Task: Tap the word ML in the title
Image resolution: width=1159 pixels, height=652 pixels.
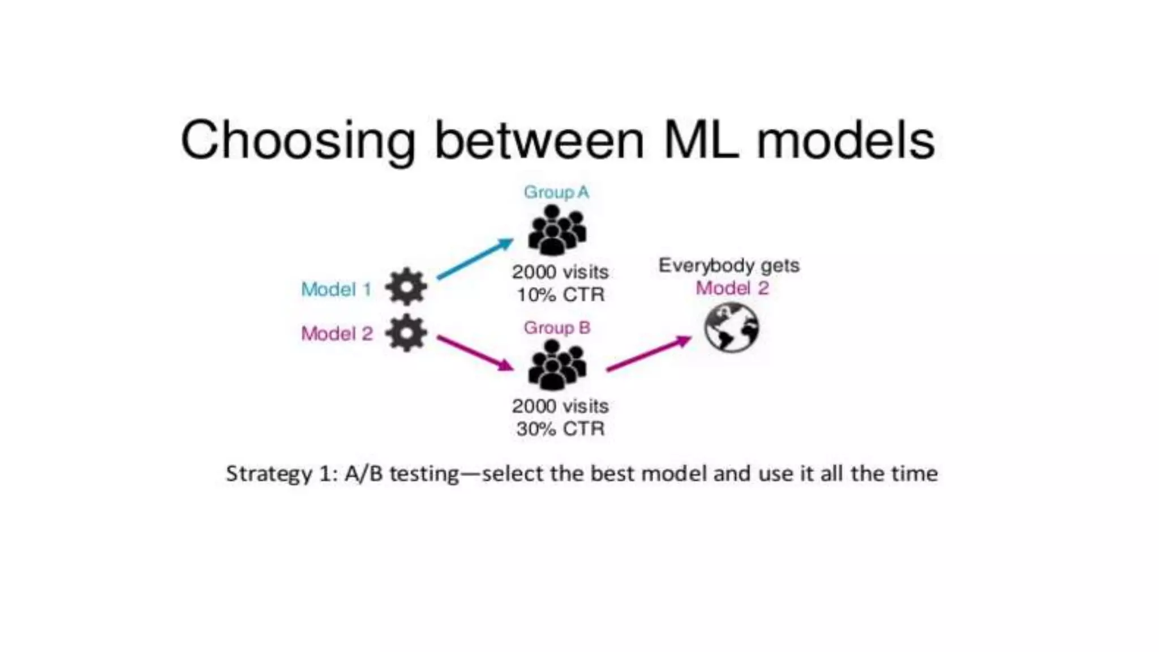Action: point(701,140)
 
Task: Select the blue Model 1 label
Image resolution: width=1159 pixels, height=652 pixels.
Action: point(336,290)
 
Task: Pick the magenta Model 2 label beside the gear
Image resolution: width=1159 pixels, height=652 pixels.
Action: point(337,334)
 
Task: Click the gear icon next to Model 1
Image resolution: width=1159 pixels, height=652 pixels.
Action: point(406,287)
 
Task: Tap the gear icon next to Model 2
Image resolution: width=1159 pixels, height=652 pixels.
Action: point(406,333)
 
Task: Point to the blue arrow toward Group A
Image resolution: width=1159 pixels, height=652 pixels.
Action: point(475,259)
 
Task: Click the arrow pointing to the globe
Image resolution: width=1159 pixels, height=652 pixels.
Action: point(649,354)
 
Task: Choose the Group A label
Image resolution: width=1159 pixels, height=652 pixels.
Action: point(556,192)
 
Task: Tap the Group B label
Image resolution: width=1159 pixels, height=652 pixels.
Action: point(557,328)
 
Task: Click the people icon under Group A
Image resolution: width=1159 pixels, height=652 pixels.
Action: point(557,230)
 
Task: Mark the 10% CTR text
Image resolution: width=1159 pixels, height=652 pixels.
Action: point(561,295)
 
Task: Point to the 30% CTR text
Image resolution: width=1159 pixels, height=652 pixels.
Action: point(560,429)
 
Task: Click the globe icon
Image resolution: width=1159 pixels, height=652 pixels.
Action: point(731,328)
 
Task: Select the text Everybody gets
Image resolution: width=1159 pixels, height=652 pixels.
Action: point(729,265)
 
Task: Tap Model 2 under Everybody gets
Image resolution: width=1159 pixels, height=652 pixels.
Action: point(732,289)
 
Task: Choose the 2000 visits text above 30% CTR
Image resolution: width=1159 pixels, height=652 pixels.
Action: point(560,406)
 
